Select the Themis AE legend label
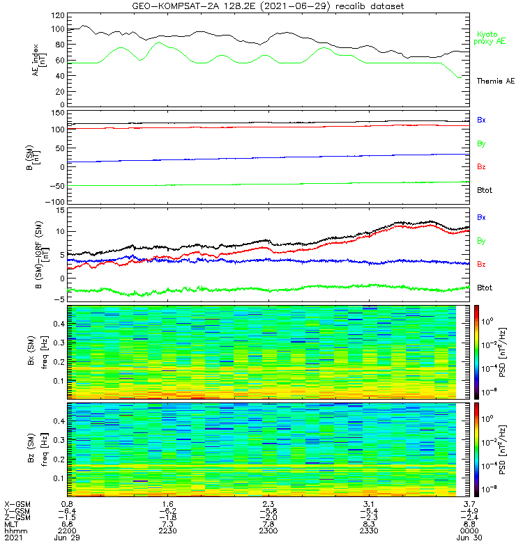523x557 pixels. click(x=495, y=81)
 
